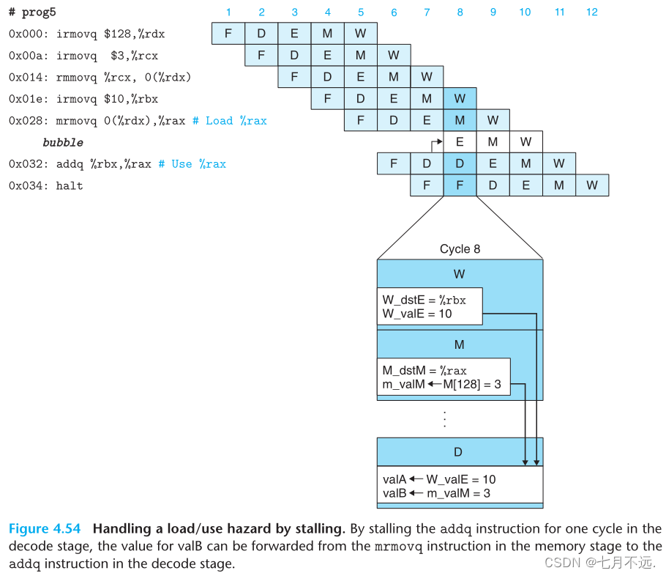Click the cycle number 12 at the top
click(591, 12)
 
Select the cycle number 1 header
click(228, 12)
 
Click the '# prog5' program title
click(32, 12)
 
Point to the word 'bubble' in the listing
click(63, 142)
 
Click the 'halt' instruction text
click(70, 185)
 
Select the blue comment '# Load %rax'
click(229, 120)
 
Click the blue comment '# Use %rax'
click(192, 163)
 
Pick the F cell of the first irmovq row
click(228, 34)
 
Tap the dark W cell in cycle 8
click(460, 98)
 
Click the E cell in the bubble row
click(460, 141)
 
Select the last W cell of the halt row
click(591, 185)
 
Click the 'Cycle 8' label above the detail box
click(460, 249)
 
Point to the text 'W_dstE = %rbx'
click(424, 299)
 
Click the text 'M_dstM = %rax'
click(424, 371)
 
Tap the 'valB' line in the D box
click(436, 493)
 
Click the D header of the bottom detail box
click(459, 452)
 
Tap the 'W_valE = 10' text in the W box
click(417, 314)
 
